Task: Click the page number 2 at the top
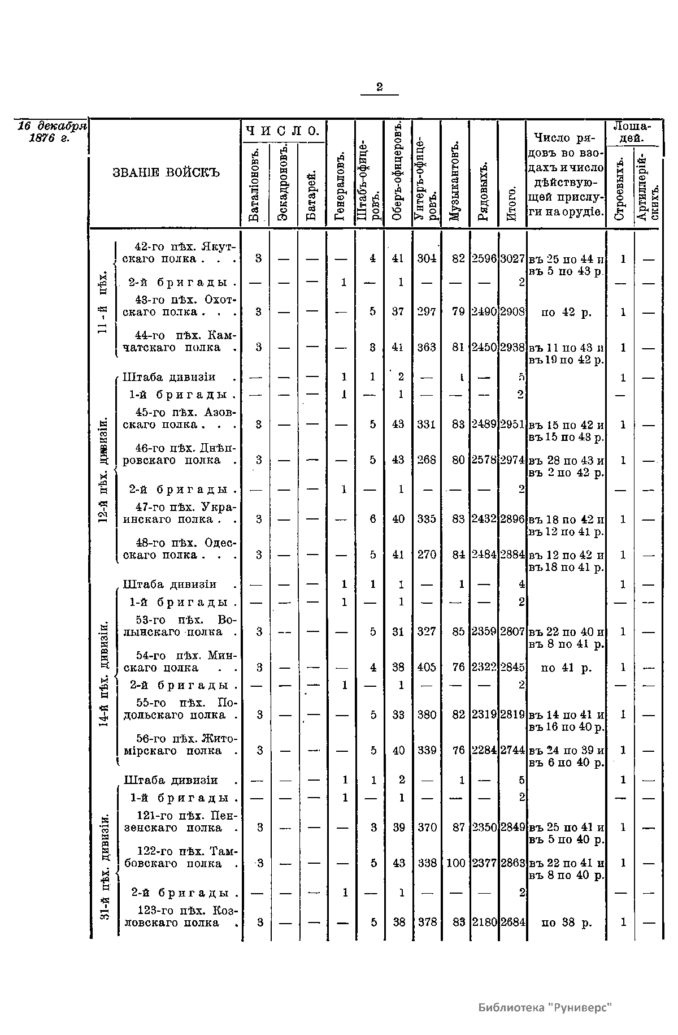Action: tap(379, 86)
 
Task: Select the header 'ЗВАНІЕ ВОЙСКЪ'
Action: tap(166, 172)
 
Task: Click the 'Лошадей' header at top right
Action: tap(632, 132)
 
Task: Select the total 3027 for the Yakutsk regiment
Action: tap(512, 259)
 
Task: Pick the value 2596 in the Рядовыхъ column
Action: tap(484, 259)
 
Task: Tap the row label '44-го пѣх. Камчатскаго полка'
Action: tap(179, 341)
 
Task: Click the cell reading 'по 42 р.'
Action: tap(566, 312)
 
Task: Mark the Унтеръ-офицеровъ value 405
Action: tap(427, 668)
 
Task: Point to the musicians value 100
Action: tap(455, 863)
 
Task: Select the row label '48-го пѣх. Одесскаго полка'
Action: tap(179, 549)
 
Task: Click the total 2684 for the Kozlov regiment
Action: tap(512, 923)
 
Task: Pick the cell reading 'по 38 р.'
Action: tap(566, 923)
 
